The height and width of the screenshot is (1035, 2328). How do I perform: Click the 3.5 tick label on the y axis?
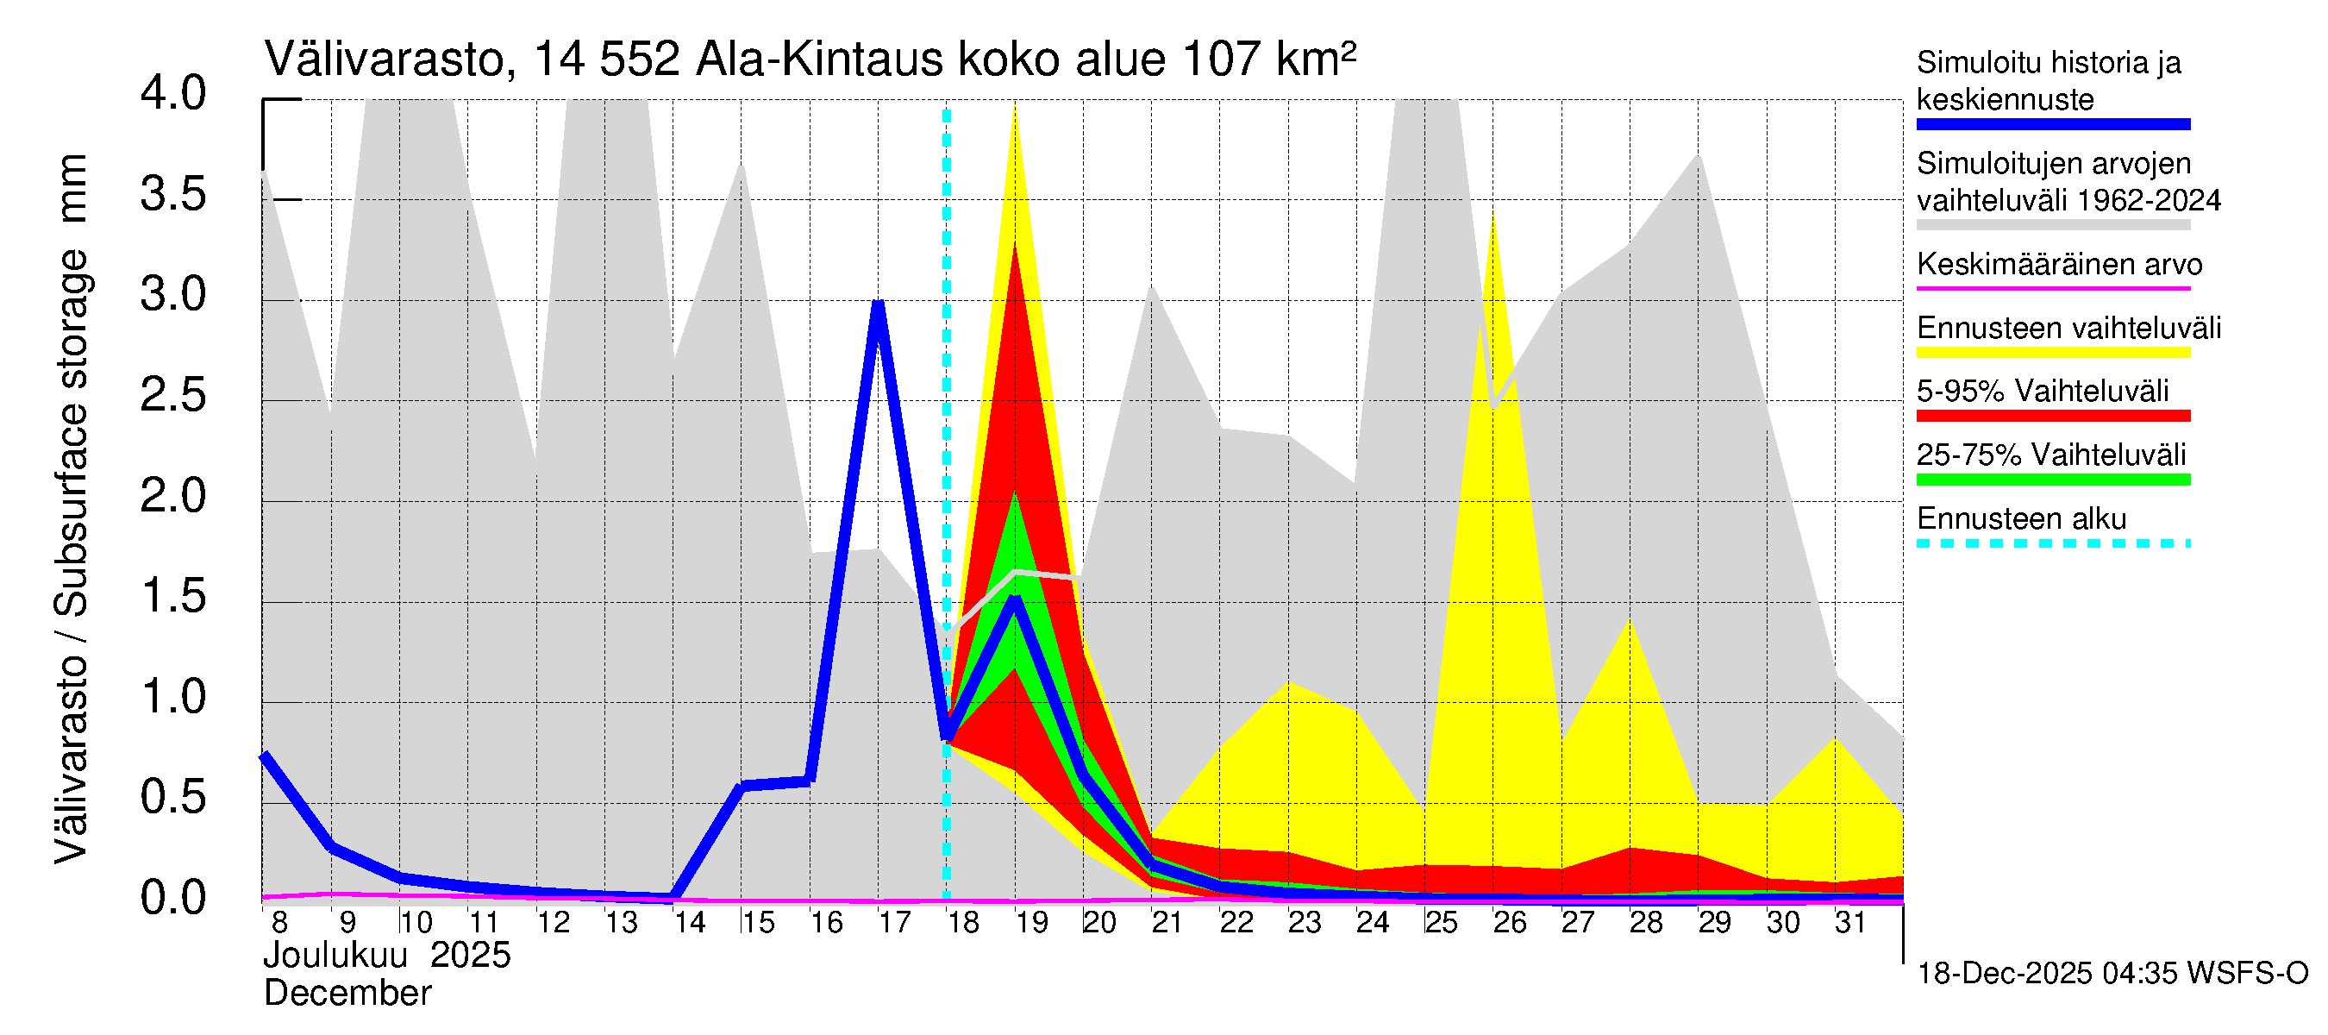172,194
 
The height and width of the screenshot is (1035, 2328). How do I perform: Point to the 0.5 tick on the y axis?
172,797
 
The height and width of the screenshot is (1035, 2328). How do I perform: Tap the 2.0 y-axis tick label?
172,496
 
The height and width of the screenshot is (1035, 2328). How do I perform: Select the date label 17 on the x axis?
894,923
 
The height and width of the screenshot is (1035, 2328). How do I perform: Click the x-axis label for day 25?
1441,923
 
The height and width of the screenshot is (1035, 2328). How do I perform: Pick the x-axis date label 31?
1850,923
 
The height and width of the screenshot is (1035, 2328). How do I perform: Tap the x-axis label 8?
279,923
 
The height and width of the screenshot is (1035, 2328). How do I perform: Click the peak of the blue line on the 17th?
878,304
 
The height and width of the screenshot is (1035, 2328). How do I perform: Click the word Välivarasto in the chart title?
383,60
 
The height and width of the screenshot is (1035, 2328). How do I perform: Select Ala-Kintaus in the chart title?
821,60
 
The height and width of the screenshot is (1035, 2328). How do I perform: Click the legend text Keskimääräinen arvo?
2060,265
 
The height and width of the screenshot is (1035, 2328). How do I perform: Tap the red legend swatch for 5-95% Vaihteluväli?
2053,416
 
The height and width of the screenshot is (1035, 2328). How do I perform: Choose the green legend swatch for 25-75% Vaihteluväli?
2053,480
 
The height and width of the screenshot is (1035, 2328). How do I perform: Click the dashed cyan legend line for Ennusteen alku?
2053,544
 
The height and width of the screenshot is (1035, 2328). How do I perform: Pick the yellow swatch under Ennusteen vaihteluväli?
2053,353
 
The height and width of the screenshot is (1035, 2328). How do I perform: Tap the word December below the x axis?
348,994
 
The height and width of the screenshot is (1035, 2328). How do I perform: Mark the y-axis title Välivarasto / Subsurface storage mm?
72,508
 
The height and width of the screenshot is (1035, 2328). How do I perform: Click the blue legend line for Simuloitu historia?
2053,125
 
